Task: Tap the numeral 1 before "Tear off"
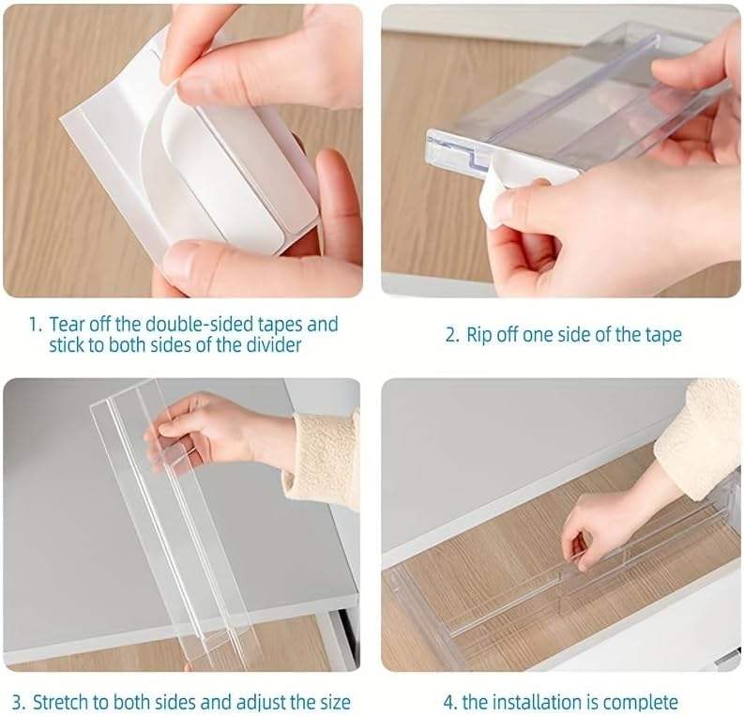click(x=33, y=325)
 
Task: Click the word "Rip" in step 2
click(x=479, y=335)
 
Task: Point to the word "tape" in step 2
click(x=663, y=335)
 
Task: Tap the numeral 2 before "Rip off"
click(x=450, y=335)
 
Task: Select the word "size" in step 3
click(x=333, y=702)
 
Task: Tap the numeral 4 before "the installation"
click(x=448, y=702)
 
